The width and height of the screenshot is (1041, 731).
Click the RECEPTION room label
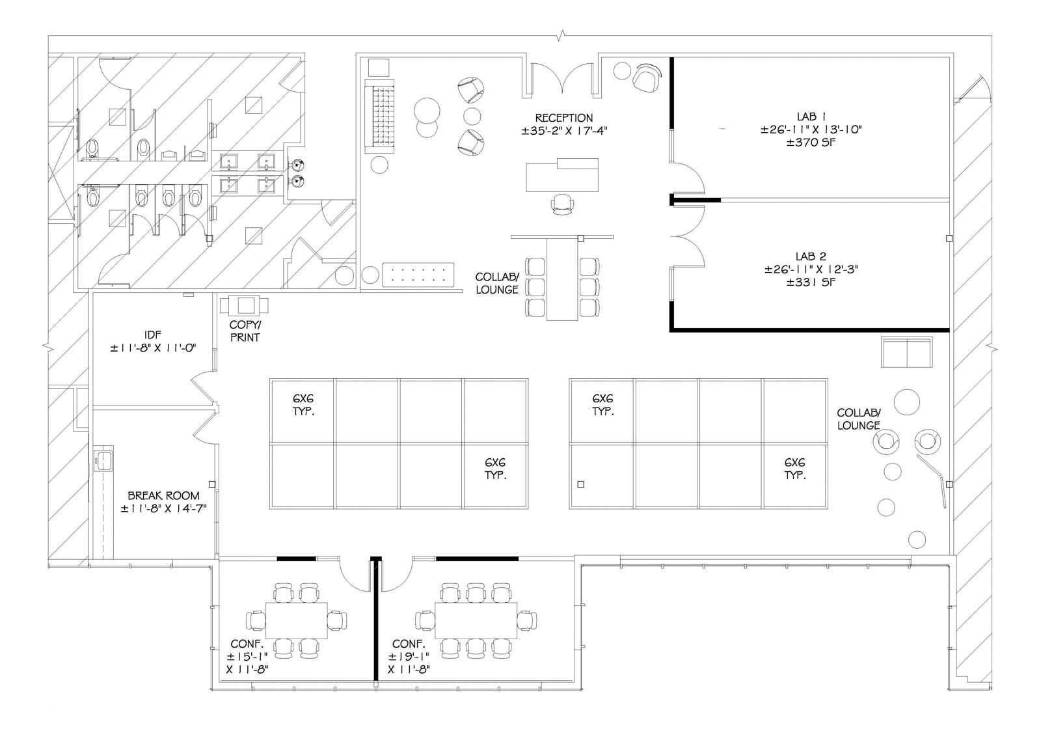(x=563, y=118)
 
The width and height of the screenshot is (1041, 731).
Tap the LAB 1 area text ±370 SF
(x=811, y=142)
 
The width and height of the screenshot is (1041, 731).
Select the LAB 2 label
(x=811, y=256)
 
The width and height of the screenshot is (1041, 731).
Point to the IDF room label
(x=153, y=335)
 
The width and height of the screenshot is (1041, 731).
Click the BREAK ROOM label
(x=163, y=495)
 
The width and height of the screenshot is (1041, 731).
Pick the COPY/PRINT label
(x=245, y=331)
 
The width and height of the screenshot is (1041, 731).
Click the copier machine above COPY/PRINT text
(x=244, y=305)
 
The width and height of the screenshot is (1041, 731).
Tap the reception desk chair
(x=563, y=204)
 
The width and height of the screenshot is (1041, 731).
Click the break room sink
(x=103, y=459)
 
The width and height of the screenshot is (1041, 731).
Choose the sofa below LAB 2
(x=906, y=352)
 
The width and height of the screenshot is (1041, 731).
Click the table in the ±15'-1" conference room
(x=296, y=620)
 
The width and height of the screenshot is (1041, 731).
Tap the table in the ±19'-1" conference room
(x=476, y=620)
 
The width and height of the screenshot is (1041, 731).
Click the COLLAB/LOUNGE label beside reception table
(x=497, y=283)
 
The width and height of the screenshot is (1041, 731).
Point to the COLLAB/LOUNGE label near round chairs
(x=858, y=419)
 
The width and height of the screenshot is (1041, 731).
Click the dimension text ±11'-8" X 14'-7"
(x=163, y=508)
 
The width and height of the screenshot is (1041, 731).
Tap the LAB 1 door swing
(x=688, y=177)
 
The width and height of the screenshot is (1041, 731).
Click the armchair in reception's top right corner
(x=647, y=78)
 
